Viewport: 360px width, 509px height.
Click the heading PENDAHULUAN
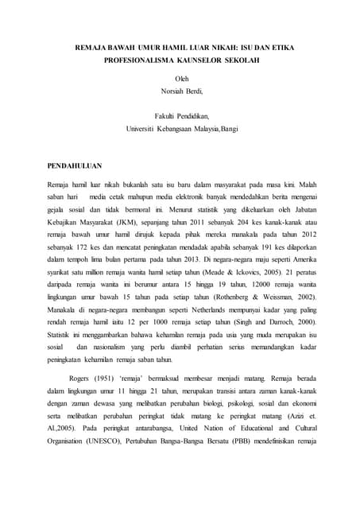(78, 166)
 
